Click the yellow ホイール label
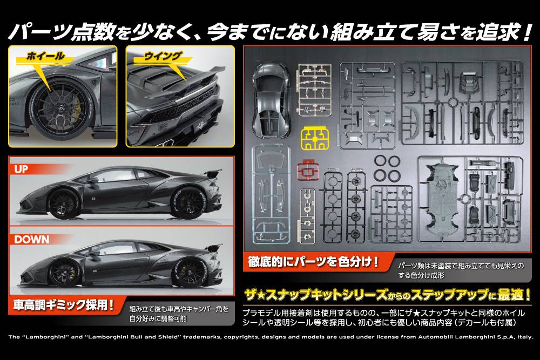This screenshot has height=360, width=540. coord(45,56)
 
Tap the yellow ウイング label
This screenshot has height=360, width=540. coord(163,56)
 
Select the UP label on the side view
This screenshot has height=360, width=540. coord(21,169)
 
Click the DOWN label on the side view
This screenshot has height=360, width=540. coord(32,239)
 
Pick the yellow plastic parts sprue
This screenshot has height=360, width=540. coord(315,139)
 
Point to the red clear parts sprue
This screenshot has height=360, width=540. coord(308,171)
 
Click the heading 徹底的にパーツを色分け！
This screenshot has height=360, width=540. coord(313,262)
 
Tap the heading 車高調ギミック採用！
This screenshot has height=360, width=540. coord(64,305)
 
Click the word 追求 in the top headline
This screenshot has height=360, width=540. coord(500,32)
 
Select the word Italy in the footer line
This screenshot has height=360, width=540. coord(525,337)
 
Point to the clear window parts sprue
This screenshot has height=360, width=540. coord(271,194)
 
